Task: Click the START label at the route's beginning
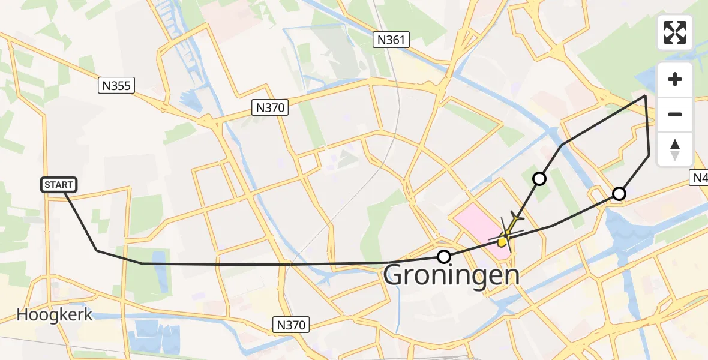tap(59, 185)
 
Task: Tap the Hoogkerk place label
tap(55, 314)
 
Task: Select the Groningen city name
tap(451, 276)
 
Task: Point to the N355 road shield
tap(116, 86)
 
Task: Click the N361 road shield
tap(391, 40)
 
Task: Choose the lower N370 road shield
tap(292, 325)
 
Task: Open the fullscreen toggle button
tap(675, 32)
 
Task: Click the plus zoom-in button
tap(675, 80)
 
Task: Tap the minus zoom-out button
tap(675, 114)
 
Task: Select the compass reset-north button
tap(675, 149)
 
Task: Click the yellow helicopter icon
tap(506, 236)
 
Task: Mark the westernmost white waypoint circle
tap(443, 257)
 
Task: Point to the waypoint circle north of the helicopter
tap(539, 178)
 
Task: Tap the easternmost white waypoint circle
tap(619, 193)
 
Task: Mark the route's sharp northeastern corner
tap(646, 95)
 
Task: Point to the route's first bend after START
tap(97, 250)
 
